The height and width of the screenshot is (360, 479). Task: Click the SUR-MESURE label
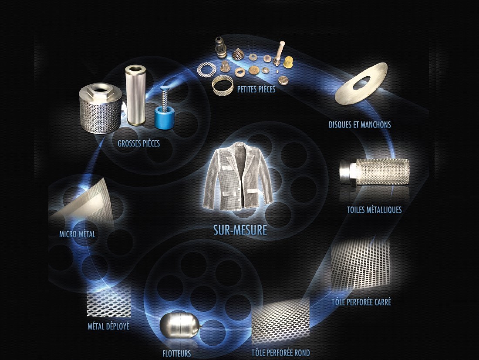[x=240, y=230]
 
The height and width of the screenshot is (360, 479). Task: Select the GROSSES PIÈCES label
[x=138, y=143]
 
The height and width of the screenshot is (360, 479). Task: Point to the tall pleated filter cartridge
[x=135, y=95]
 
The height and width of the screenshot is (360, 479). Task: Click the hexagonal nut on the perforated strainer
[x=97, y=90]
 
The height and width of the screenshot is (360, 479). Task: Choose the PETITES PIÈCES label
[x=256, y=89]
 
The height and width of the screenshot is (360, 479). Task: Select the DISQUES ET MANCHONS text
[x=360, y=124]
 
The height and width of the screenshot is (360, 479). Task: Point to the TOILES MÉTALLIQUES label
[x=374, y=210]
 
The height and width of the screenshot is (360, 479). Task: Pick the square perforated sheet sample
[x=361, y=264]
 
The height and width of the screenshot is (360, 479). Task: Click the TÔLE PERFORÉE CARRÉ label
[x=361, y=302]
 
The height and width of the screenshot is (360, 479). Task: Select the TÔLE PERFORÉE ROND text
[x=280, y=353]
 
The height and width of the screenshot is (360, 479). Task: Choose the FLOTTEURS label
[x=176, y=353]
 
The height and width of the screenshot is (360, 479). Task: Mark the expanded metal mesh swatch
[x=109, y=301]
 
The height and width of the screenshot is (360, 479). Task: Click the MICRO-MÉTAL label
[x=77, y=234]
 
